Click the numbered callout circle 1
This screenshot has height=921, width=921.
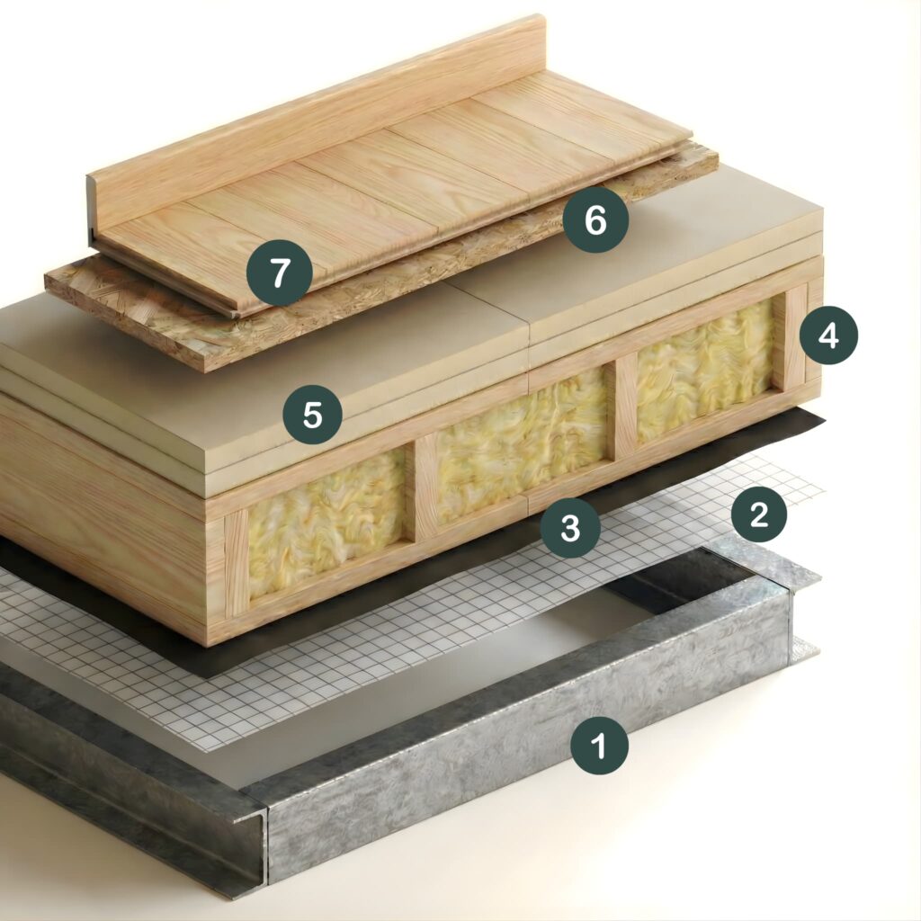point(599,746)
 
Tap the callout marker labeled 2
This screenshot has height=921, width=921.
point(759,514)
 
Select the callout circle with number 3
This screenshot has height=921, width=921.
point(570,527)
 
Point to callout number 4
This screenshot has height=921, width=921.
point(828,336)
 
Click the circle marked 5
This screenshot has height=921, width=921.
point(312,415)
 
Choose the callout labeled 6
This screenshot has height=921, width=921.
point(595,220)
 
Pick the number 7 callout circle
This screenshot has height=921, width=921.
point(279,273)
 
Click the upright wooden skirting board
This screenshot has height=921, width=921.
point(317,118)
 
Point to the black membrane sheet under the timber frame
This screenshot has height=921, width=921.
point(411,594)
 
